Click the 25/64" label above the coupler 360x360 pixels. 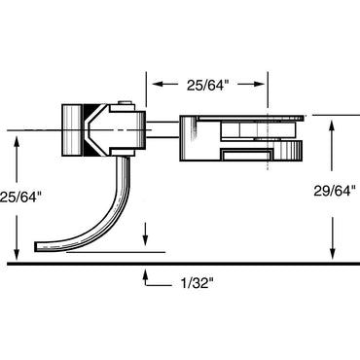point(206,85)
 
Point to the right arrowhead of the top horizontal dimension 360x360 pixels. point(264,85)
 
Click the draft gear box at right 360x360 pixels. point(243,136)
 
